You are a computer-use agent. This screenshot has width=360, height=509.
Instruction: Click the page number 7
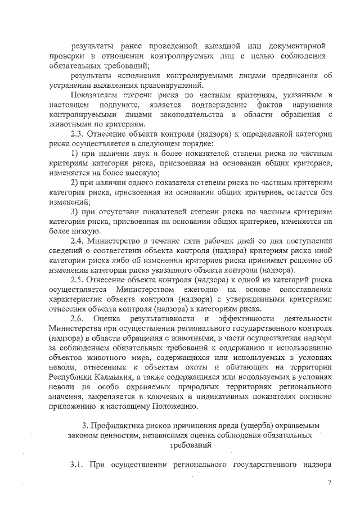tap(330, 482)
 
